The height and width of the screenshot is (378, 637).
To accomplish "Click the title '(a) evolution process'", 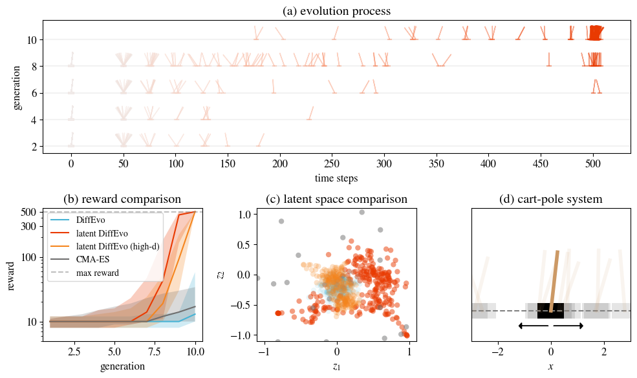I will click(336, 11).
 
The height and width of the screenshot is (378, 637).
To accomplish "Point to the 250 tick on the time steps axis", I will click(332, 165).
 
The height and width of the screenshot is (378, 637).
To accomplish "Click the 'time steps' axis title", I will click(336, 178).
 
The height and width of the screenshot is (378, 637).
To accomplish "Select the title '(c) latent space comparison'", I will click(336, 199).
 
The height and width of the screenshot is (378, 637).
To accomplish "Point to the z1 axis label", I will click(336, 366).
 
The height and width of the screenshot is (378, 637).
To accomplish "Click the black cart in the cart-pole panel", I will click(550, 311).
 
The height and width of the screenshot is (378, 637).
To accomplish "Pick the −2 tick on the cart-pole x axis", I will click(497, 353).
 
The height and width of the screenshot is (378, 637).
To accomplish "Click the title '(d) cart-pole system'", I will click(550, 199).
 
